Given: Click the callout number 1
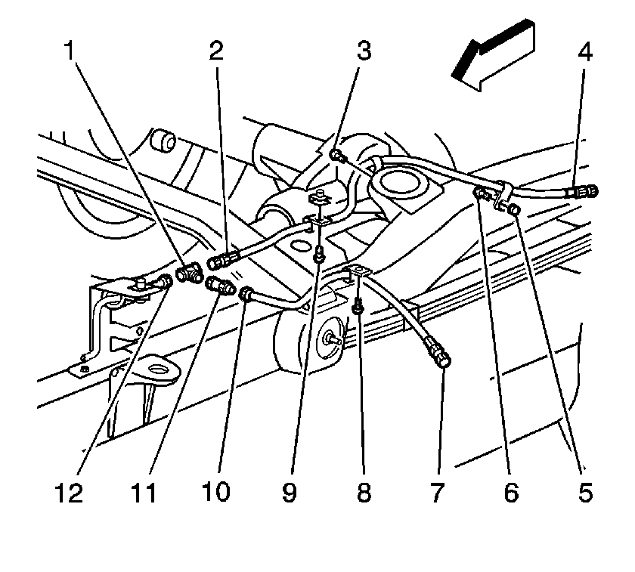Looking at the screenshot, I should point(70,52).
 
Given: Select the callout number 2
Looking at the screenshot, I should point(217,52).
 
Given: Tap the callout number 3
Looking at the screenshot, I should point(364,52).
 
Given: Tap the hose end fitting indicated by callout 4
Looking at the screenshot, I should point(583,192).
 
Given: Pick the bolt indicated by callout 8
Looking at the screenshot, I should point(358,307).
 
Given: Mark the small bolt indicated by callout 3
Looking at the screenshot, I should point(336,156).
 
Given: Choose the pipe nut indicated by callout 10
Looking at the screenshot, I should point(246,293).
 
